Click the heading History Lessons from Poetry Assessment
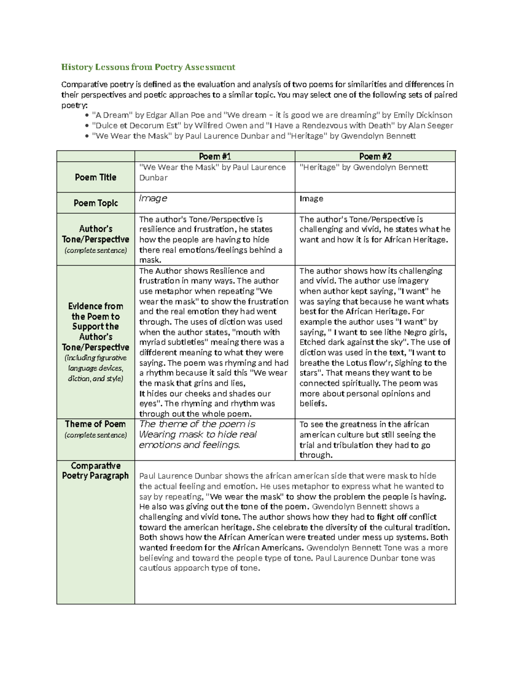[148, 67]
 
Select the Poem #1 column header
[214, 156]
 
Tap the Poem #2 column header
[375, 156]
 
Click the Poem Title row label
[95, 177]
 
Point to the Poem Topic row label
[95, 203]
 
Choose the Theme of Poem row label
[95, 424]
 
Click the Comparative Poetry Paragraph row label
[95, 471]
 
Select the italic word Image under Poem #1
[153, 198]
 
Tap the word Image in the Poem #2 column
[311, 199]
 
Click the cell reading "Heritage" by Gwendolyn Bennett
[364, 167]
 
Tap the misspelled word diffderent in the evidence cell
[158, 352]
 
